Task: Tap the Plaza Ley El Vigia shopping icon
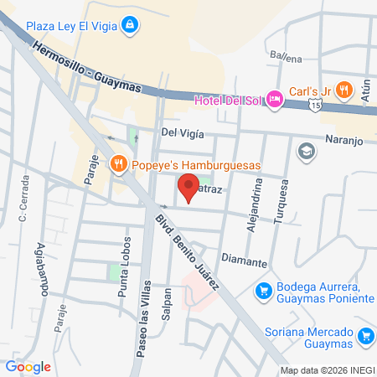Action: point(128,26)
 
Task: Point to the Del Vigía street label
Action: point(183,132)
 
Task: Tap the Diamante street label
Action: point(244,261)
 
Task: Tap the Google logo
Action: point(28,366)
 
